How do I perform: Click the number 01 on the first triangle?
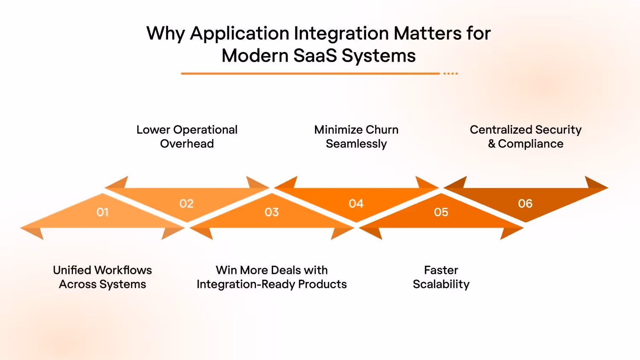tap(102, 212)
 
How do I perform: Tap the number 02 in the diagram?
tap(186, 203)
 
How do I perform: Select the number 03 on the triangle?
tap(271, 212)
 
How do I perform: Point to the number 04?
tap(356, 203)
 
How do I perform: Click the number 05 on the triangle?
tap(441, 212)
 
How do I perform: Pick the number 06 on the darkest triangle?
tap(525, 203)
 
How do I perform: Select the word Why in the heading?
tap(165, 34)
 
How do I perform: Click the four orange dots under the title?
tap(450, 74)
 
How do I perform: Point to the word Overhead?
tap(187, 144)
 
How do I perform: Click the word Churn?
tap(382, 130)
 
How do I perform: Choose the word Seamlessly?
tap(356, 144)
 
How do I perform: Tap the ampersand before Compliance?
tap(492, 144)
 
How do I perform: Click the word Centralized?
tap(501, 130)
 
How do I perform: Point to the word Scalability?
tap(441, 284)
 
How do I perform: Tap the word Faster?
tap(441, 270)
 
